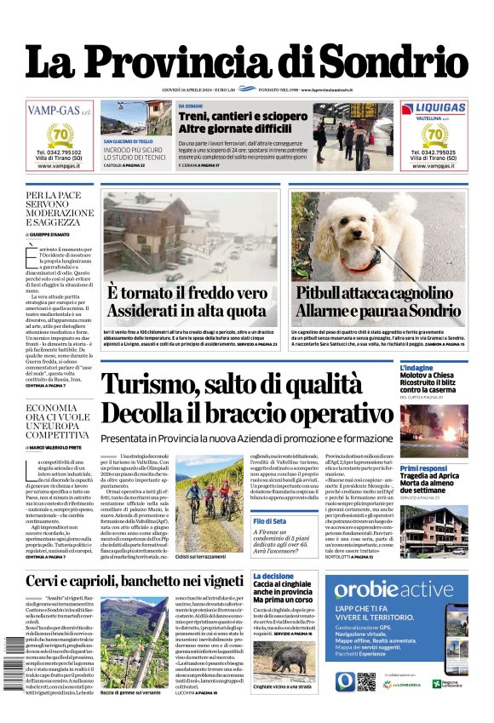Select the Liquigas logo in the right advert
pos(434,108)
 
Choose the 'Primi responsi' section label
pos(423,468)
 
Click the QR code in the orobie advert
pos(365,681)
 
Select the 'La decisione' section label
pos(273,577)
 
